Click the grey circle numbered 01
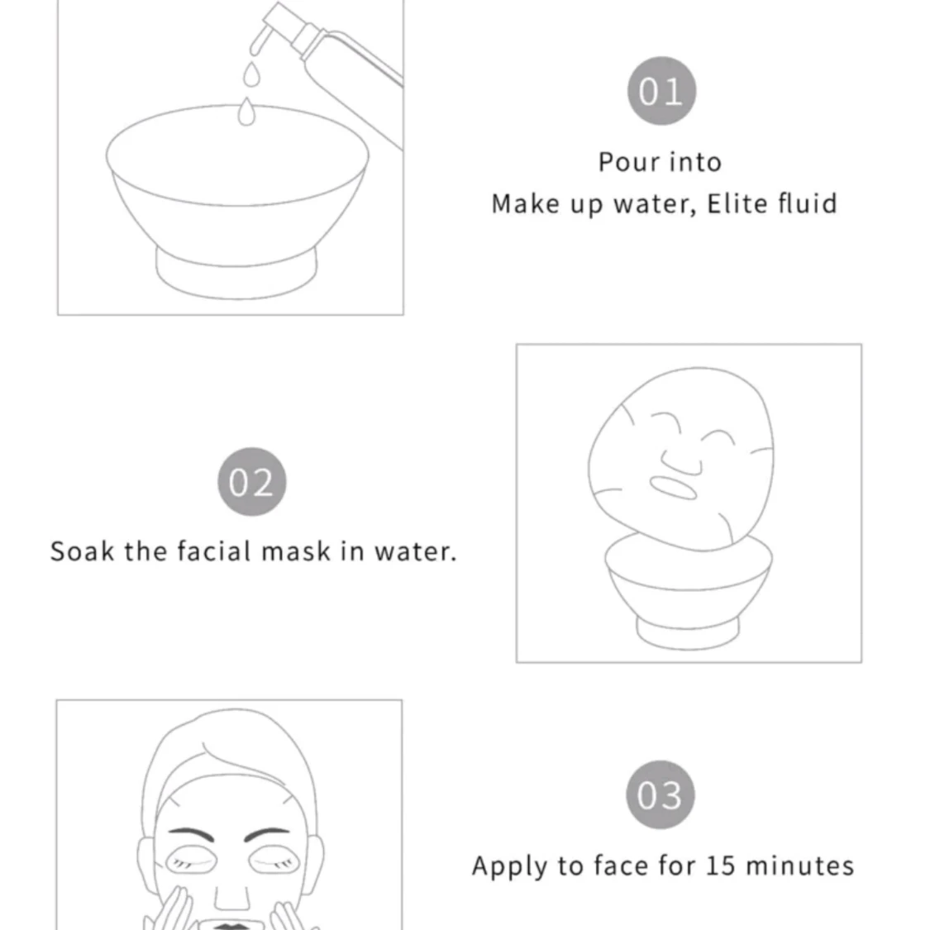661,91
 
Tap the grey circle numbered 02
252,482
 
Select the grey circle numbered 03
661,794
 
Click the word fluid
808,203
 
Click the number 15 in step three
721,866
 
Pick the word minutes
800,866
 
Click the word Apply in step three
509,867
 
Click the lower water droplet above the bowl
246,112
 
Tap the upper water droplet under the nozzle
251,74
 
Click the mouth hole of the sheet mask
673,488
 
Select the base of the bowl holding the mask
688,633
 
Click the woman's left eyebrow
268,834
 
